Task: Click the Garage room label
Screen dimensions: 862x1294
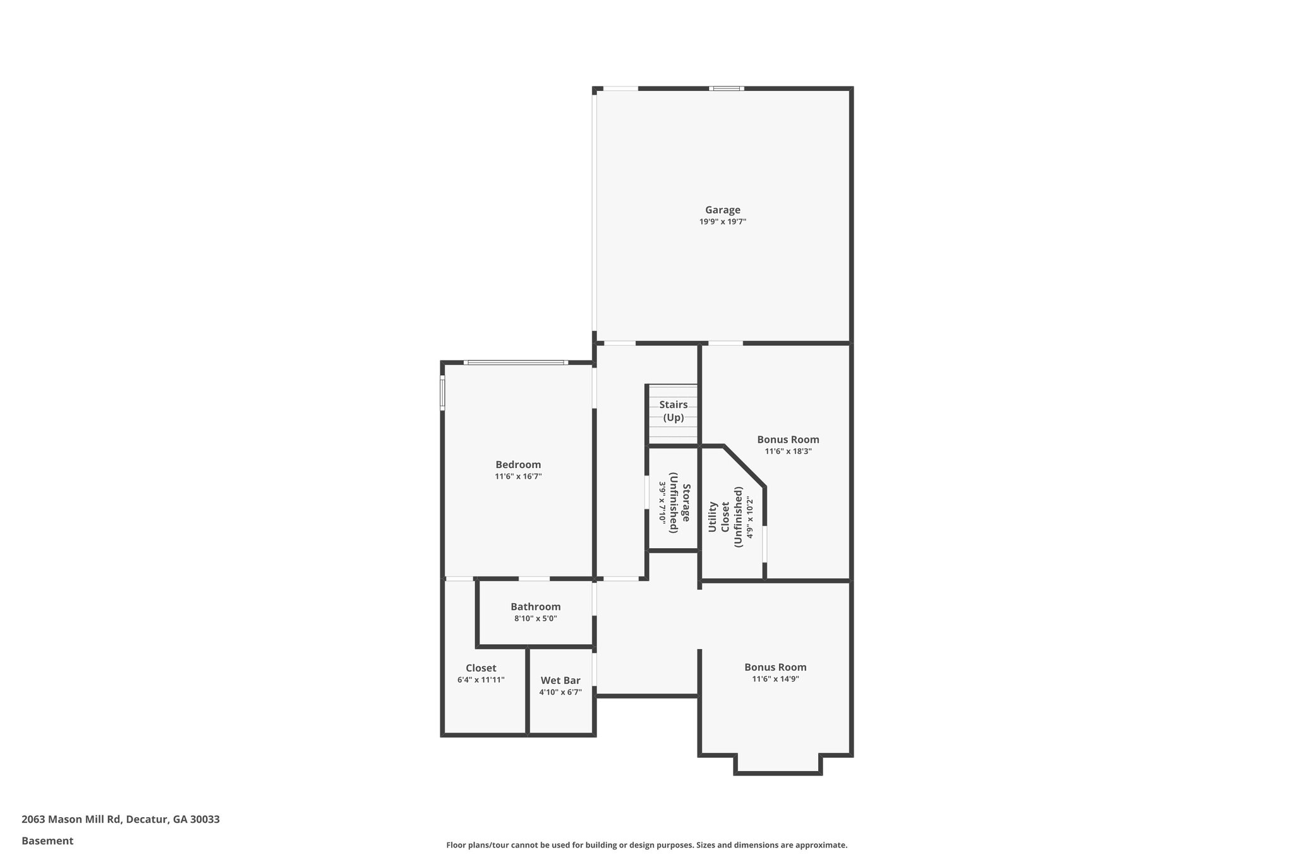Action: point(723,210)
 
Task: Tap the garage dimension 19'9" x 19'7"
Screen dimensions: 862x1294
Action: point(723,222)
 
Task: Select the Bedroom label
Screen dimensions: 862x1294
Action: point(518,465)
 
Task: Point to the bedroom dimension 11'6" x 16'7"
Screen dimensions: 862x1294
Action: point(518,477)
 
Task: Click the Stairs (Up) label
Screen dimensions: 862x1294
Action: point(674,410)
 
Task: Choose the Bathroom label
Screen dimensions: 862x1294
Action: point(535,607)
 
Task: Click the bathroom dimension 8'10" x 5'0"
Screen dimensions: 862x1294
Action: point(535,619)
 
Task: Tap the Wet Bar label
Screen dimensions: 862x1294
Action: point(560,681)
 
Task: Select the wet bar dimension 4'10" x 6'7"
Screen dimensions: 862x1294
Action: point(560,693)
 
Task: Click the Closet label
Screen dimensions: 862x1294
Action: point(481,668)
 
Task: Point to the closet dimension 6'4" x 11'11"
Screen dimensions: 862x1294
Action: point(481,680)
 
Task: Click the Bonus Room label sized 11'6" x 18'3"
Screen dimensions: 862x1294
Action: point(788,440)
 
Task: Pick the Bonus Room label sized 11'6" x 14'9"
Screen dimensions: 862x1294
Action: point(775,667)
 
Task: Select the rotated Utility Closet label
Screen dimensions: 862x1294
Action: point(719,517)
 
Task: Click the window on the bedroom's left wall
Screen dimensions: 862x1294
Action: point(442,393)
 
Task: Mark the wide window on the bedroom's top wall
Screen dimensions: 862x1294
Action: point(516,362)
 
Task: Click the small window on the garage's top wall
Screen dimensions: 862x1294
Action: point(726,88)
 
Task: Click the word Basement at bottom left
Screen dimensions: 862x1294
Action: point(47,841)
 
